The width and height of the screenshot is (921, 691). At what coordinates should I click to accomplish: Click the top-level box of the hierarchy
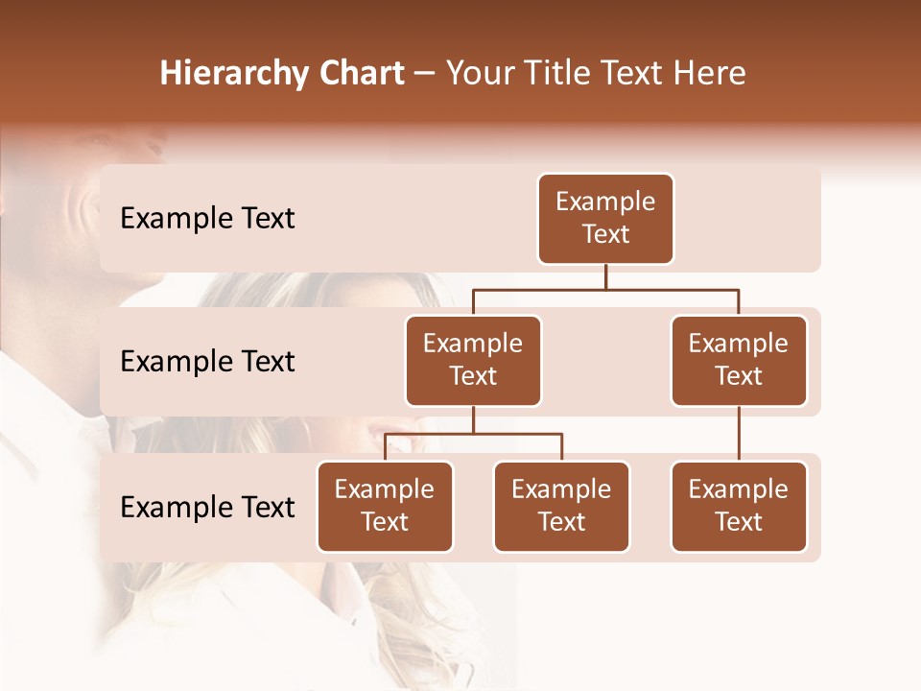pos(605,219)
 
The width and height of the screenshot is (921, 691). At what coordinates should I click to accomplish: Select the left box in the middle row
pos(473,361)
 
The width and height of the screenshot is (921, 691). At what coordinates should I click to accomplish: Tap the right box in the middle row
pos(739,361)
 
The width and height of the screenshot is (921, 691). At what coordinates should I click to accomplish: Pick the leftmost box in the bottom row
pos(385,507)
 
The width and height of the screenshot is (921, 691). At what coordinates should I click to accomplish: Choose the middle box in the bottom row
pos(561,507)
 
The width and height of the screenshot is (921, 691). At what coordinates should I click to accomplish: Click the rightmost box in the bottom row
pos(739,507)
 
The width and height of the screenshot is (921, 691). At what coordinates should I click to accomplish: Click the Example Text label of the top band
pos(207,219)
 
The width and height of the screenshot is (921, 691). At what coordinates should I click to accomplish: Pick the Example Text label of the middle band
pos(207,362)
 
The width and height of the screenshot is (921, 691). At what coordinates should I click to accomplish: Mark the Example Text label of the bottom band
pos(207,508)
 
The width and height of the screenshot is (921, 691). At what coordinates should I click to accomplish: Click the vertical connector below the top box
pos(605,276)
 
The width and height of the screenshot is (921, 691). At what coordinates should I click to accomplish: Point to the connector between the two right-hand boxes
pos(739,434)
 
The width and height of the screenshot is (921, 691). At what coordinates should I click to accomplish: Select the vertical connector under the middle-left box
pos(473,419)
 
